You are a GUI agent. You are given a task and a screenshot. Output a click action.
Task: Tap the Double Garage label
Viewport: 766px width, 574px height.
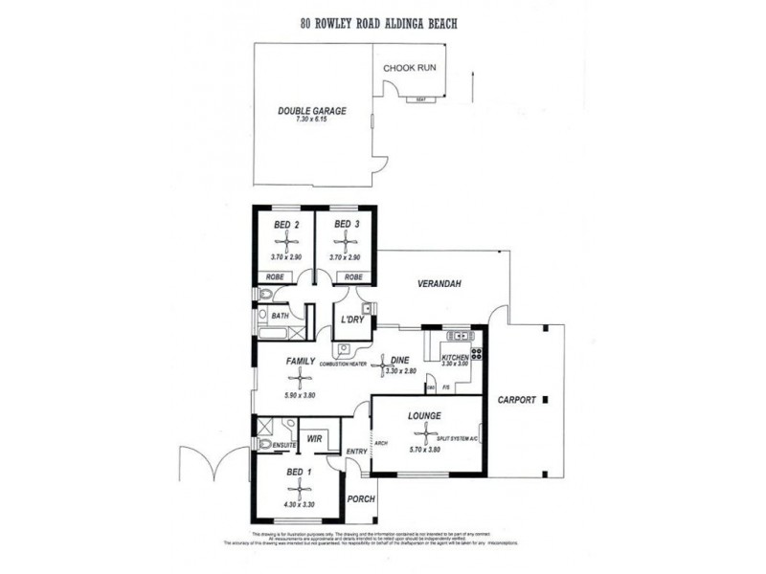[312, 111]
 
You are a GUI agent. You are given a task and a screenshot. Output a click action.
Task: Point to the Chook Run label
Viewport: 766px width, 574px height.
[411, 69]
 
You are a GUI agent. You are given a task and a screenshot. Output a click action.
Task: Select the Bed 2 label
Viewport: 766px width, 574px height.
[286, 225]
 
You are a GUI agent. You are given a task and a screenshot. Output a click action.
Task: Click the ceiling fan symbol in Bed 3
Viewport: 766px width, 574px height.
[346, 243]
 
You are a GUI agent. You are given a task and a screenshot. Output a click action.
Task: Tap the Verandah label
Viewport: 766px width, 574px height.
[439, 284]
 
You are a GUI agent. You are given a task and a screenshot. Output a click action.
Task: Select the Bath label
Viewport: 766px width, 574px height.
[280, 315]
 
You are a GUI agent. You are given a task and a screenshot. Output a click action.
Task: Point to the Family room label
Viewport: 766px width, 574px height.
[301, 362]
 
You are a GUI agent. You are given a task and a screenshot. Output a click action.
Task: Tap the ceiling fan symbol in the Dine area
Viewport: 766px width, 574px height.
[386, 364]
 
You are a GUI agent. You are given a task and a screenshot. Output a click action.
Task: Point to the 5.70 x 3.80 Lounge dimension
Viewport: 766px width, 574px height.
[424, 450]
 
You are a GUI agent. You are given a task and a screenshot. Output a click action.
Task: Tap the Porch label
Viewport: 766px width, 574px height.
[360, 498]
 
